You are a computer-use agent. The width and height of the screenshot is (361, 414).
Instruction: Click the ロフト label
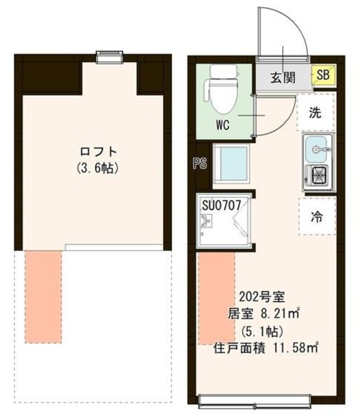[98, 152]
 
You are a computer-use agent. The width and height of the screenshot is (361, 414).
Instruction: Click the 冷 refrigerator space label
[316, 217]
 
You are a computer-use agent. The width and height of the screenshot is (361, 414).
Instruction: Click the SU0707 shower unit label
[222, 206]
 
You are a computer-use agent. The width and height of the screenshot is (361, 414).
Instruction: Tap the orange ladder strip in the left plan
[43, 296]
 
